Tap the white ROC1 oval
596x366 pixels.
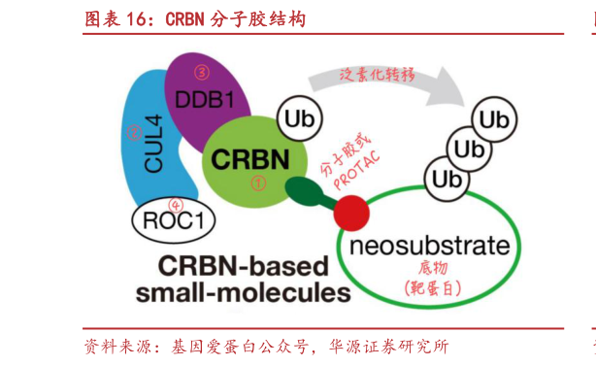tap(173, 221)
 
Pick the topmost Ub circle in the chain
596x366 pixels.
tap(492, 121)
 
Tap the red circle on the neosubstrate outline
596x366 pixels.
tap(352, 209)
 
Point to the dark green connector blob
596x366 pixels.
tap(308, 193)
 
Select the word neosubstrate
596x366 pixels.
tap(430, 245)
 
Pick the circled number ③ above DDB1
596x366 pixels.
tap(202, 71)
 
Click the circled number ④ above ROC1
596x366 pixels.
tap(176, 204)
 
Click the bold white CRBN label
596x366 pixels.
tap(249, 157)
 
